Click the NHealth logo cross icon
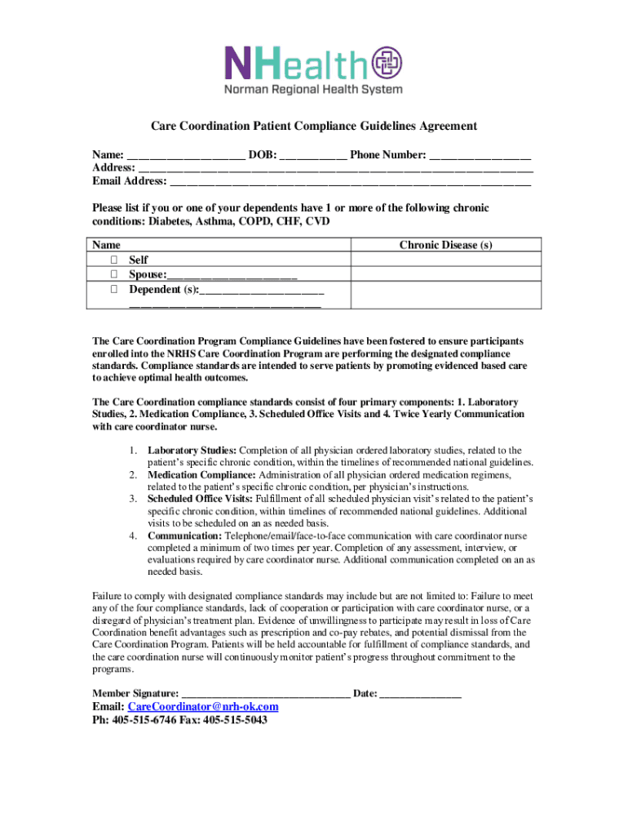point(387,64)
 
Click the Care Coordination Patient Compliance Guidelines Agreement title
point(314,127)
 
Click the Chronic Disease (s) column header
point(445,245)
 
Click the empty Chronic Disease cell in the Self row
point(445,260)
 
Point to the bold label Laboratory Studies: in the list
point(192,451)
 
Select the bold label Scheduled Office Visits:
point(201,498)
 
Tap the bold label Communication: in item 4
point(184,536)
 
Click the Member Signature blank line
point(266,694)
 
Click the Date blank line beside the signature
point(421,694)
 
